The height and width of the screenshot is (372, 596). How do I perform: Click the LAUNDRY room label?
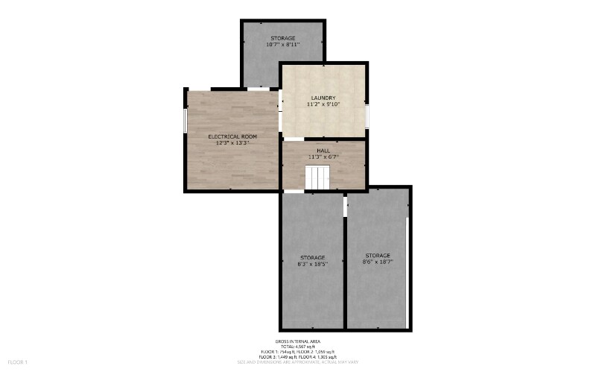click(x=323, y=98)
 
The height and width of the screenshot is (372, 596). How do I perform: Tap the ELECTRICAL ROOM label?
click(x=232, y=136)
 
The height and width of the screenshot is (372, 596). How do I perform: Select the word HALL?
click(x=323, y=151)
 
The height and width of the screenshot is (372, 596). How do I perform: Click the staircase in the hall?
click(x=317, y=178)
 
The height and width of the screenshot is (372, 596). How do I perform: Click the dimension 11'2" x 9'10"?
click(x=323, y=105)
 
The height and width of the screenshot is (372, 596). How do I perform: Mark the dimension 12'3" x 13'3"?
click(x=232, y=143)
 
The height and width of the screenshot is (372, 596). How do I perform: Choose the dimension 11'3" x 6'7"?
click(x=323, y=157)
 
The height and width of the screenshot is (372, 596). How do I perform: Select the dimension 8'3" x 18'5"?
click(x=312, y=265)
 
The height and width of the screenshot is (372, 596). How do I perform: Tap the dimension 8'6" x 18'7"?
click(x=378, y=262)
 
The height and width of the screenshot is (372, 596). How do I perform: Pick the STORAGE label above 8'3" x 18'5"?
click(x=312, y=258)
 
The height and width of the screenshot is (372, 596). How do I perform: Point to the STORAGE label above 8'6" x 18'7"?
click(x=378, y=256)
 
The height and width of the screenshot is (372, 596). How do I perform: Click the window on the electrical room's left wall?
click(x=186, y=122)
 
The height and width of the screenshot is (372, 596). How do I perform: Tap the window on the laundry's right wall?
click(x=367, y=116)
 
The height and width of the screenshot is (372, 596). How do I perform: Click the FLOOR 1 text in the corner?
click(x=17, y=362)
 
